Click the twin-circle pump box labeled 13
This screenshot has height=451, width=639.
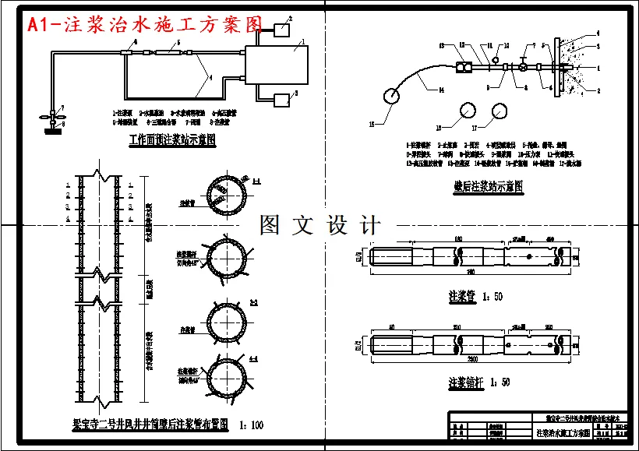point(464,68)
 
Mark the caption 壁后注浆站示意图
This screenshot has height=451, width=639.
point(488,187)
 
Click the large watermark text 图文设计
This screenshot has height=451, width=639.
point(320,226)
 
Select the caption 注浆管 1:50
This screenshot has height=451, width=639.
point(475,297)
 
